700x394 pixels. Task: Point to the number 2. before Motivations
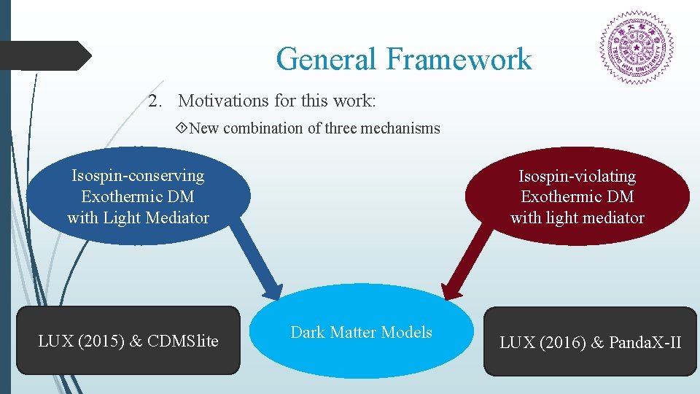pos(155,100)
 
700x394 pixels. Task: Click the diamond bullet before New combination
pos(182,128)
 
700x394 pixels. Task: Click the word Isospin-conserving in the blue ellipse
pos(138,175)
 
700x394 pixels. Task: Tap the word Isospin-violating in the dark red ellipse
pos(577,176)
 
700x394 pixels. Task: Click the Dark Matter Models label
pos(361,332)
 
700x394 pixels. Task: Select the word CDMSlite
pos(183,341)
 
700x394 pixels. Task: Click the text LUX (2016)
pos(541,342)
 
